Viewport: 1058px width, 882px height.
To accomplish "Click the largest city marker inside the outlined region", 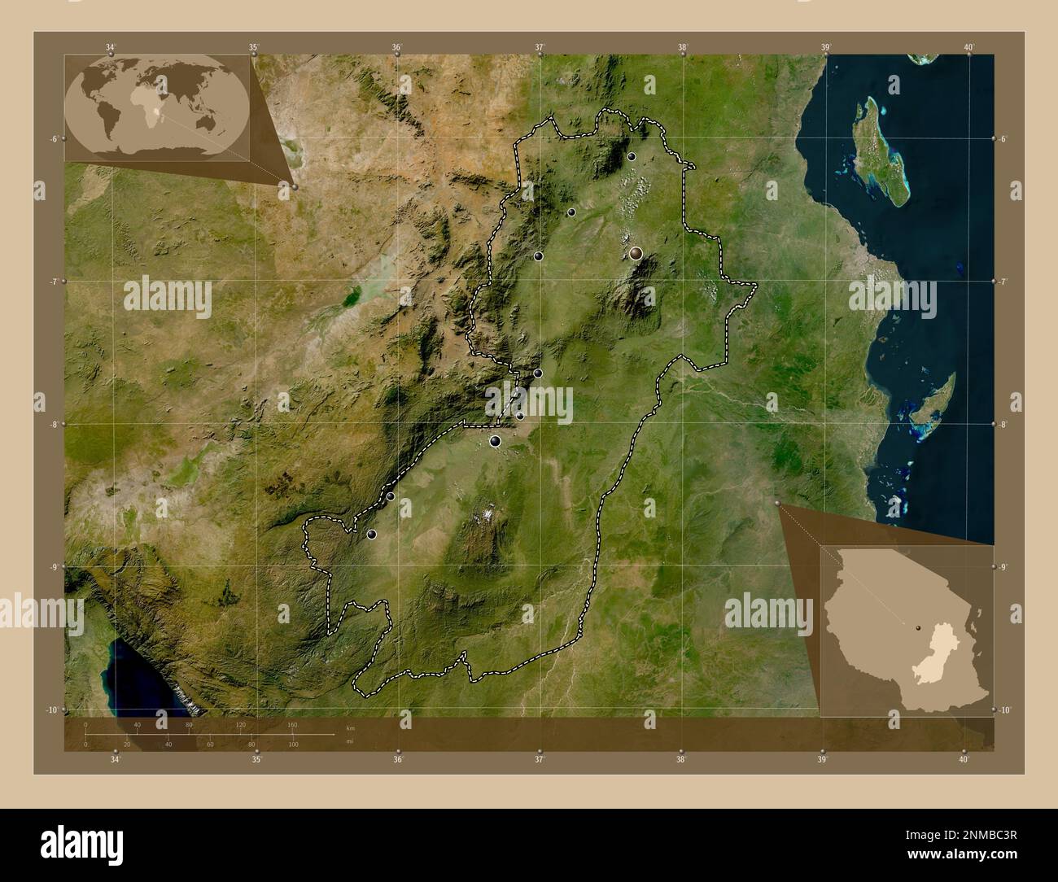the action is click(x=636, y=253).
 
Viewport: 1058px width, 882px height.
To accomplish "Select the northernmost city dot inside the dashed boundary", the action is click(x=632, y=156).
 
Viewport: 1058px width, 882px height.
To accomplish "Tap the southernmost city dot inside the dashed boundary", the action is click(x=372, y=535).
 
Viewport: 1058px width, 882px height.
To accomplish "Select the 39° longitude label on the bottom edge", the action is click(x=823, y=760).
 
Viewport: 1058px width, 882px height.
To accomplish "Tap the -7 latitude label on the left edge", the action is click(x=53, y=282).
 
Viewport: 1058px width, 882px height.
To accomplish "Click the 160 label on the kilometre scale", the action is click(x=292, y=724).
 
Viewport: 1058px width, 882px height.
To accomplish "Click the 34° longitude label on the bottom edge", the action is click(x=116, y=760).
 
